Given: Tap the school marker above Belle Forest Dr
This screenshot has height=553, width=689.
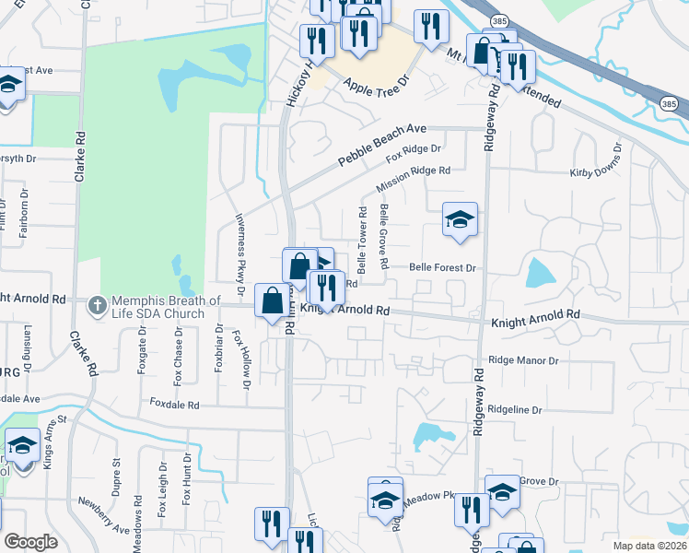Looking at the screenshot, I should (460, 220).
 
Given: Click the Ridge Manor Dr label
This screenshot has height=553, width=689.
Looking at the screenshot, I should (524, 360).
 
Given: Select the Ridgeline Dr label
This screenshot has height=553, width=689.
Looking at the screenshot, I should (528, 408).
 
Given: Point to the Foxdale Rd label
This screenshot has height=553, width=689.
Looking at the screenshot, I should (174, 405).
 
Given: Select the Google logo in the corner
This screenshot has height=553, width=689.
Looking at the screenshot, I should (30, 542).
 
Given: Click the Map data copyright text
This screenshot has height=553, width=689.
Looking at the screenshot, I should (650, 546).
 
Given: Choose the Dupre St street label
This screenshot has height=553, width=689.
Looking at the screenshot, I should (117, 478).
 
